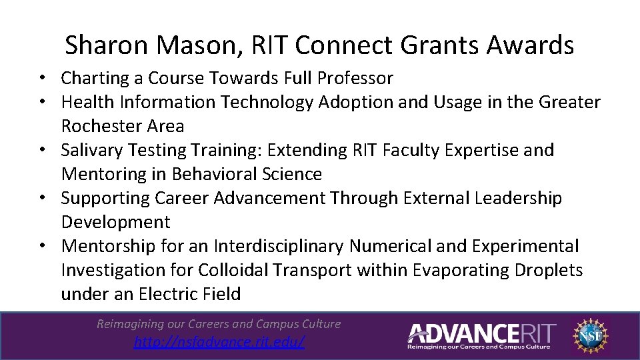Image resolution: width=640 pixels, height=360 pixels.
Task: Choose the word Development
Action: pyautogui.click(x=115, y=222)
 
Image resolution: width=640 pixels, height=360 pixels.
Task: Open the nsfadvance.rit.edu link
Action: pyautogui.click(x=219, y=342)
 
